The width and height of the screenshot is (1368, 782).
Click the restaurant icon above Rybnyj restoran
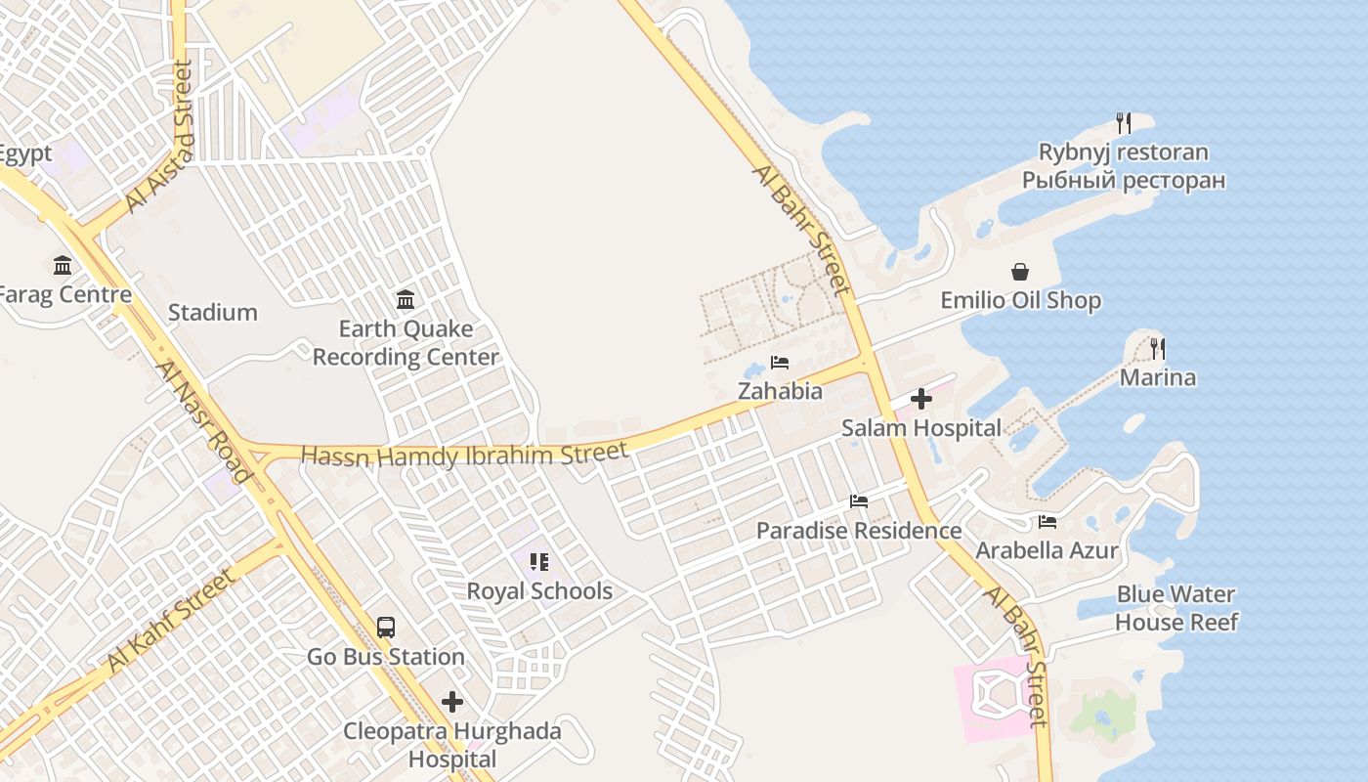[x=1124, y=123]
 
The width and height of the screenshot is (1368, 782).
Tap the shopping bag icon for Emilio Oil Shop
[x=1020, y=272]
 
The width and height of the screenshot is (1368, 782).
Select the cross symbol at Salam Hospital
[x=920, y=399]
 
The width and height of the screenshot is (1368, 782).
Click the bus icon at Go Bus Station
[x=386, y=628]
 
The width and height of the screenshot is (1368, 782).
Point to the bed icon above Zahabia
[x=779, y=363]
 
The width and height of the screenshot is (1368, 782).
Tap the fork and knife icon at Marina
[x=1158, y=348]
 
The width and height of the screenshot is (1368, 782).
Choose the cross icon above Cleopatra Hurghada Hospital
[x=451, y=702]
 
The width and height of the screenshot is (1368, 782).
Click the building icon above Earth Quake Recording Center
[x=405, y=299]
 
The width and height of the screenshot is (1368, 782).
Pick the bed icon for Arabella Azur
[x=1047, y=522]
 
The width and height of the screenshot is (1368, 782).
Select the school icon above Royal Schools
[x=538, y=562]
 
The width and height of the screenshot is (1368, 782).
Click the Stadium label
[x=212, y=313]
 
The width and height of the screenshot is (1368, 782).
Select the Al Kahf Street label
[x=172, y=622]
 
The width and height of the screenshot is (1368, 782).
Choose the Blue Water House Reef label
[x=1176, y=608]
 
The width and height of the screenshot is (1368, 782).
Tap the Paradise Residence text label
[x=859, y=531]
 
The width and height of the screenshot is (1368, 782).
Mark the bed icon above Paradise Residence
[x=859, y=501]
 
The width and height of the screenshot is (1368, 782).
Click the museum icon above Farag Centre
[x=63, y=265]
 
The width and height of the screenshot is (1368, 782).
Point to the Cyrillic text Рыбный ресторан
[x=1124, y=181]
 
